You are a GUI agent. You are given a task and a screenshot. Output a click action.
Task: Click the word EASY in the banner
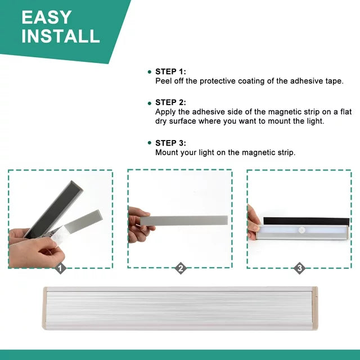point(46,17)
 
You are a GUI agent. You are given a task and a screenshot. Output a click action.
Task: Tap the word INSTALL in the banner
point(61,36)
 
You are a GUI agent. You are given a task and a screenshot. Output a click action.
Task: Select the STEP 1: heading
point(170,71)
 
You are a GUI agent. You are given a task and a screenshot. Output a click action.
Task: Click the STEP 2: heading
point(170,102)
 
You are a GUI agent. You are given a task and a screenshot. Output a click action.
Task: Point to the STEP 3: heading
point(170,143)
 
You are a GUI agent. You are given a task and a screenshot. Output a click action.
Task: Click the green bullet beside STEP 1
point(150,72)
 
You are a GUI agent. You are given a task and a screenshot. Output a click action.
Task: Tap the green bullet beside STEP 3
point(150,143)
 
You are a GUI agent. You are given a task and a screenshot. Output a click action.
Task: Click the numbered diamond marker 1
point(60,268)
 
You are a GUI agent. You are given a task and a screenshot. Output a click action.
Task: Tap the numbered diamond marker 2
point(181,268)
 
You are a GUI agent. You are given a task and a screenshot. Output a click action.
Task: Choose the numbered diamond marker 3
point(300,268)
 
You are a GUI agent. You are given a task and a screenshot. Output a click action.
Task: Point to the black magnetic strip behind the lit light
point(306,221)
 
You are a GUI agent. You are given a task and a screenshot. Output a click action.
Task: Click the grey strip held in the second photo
point(184,220)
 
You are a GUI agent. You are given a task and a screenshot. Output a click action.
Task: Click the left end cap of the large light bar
point(44,308)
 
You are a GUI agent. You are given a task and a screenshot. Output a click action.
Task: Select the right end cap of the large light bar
point(314,308)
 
